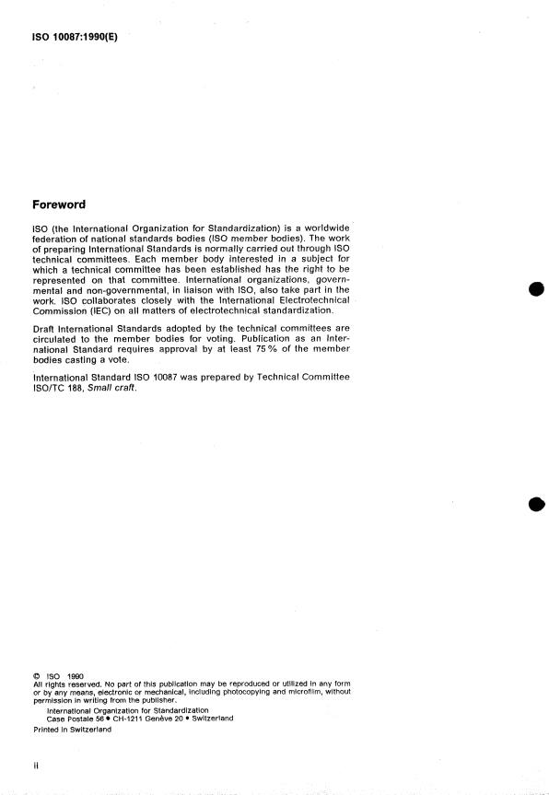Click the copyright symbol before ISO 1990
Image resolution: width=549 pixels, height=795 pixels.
coord(36,677)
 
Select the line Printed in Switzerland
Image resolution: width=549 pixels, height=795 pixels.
coord(72,729)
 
